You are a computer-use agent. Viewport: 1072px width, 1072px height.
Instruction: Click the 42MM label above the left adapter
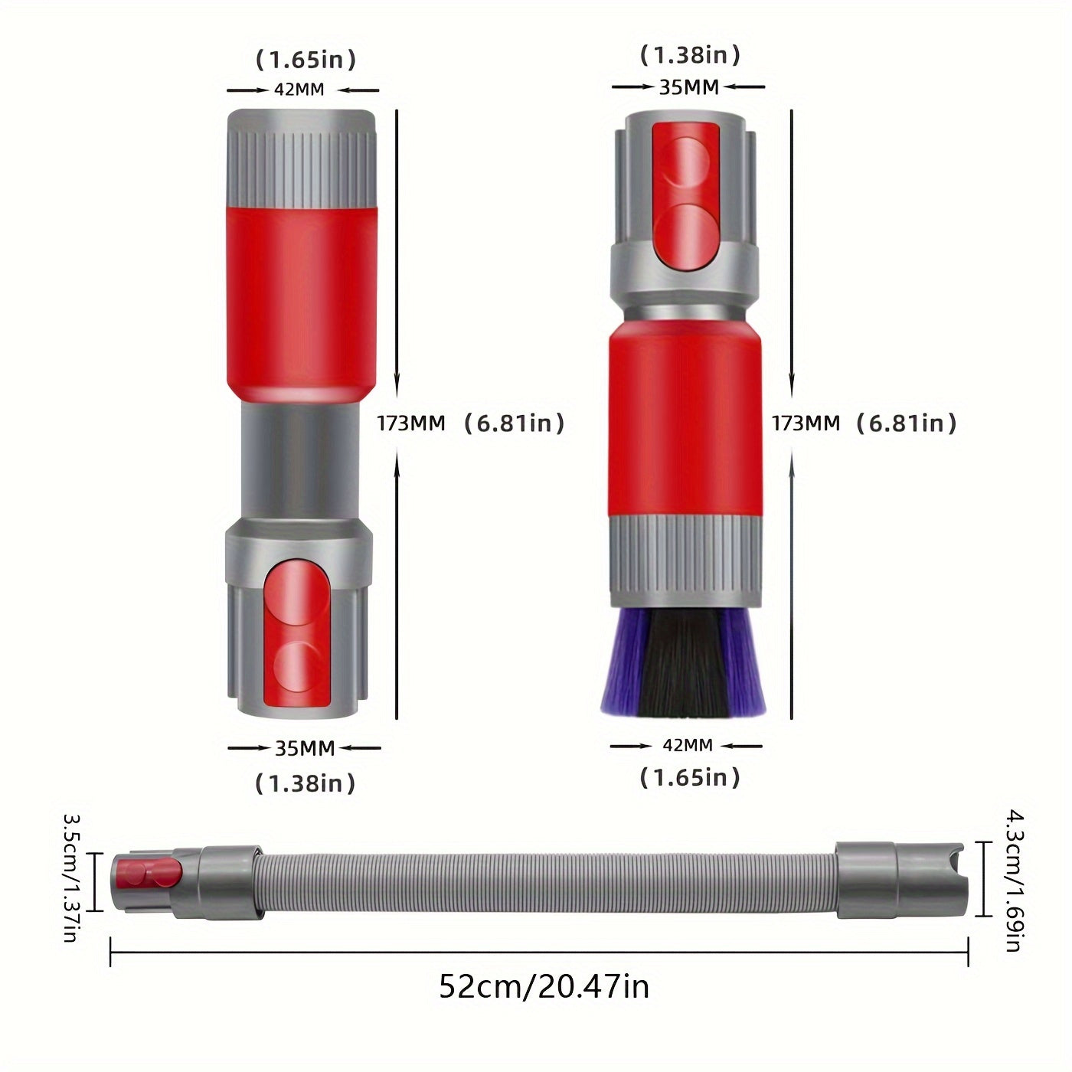pyautogui.click(x=299, y=90)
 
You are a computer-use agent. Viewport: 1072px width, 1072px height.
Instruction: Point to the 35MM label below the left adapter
pyautogui.click(x=305, y=748)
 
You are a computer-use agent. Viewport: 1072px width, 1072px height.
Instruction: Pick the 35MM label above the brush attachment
pyautogui.click(x=689, y=87)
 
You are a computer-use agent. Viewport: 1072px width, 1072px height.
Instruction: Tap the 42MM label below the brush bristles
pyautogui.click(x=688, y=746)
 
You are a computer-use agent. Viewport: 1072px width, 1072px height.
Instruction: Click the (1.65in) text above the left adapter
pyautogui.click(x=306, y=60)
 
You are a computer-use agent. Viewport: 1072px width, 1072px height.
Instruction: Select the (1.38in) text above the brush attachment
pyautogui.click(x=690, y=56)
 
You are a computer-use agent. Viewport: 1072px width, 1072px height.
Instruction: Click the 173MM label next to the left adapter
pyautogui.click(x=411, y=423)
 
